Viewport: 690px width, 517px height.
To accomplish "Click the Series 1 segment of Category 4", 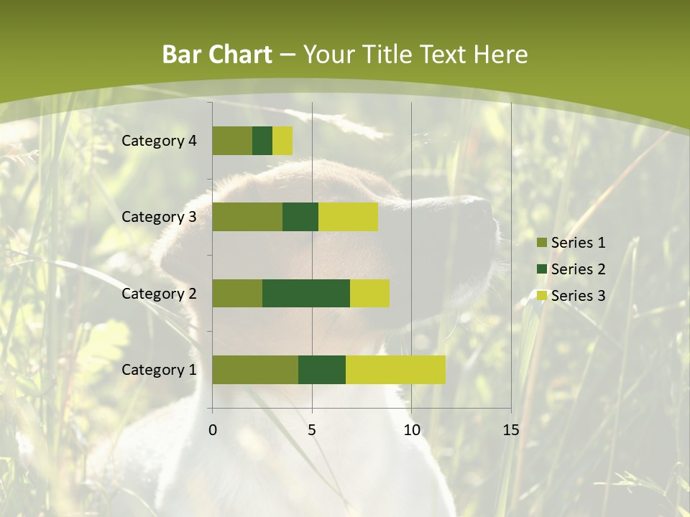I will pos(232,141).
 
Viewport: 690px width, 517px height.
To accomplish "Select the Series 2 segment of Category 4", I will pos(262,141).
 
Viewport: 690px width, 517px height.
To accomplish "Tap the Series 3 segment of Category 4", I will pos(282,141).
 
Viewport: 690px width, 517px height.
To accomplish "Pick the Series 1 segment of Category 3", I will pos(247,217).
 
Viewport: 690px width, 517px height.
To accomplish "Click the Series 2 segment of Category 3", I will pos(300,217).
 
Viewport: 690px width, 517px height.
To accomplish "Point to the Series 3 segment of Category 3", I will pos(348,217).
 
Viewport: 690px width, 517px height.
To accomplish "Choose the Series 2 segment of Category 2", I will pos(306,293).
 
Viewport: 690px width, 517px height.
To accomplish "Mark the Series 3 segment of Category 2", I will pos(369,293).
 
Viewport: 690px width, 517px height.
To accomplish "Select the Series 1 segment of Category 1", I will pos(255,370).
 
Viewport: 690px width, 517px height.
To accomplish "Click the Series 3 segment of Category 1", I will pos(395,370).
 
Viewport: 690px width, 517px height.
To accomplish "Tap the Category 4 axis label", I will pos(159,141).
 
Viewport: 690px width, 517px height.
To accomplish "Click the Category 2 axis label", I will pos(159,293).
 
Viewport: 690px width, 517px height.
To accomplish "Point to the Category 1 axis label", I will pos(159,370).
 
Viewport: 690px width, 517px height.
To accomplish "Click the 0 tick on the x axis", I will pos(213,430).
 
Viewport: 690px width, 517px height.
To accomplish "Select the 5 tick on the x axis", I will pos(312,430).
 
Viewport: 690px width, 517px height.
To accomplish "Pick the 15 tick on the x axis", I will pos(510,430).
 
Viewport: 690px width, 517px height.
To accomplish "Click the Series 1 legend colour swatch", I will pos(542,243).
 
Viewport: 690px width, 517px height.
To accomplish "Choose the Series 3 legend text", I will pos(578,296).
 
